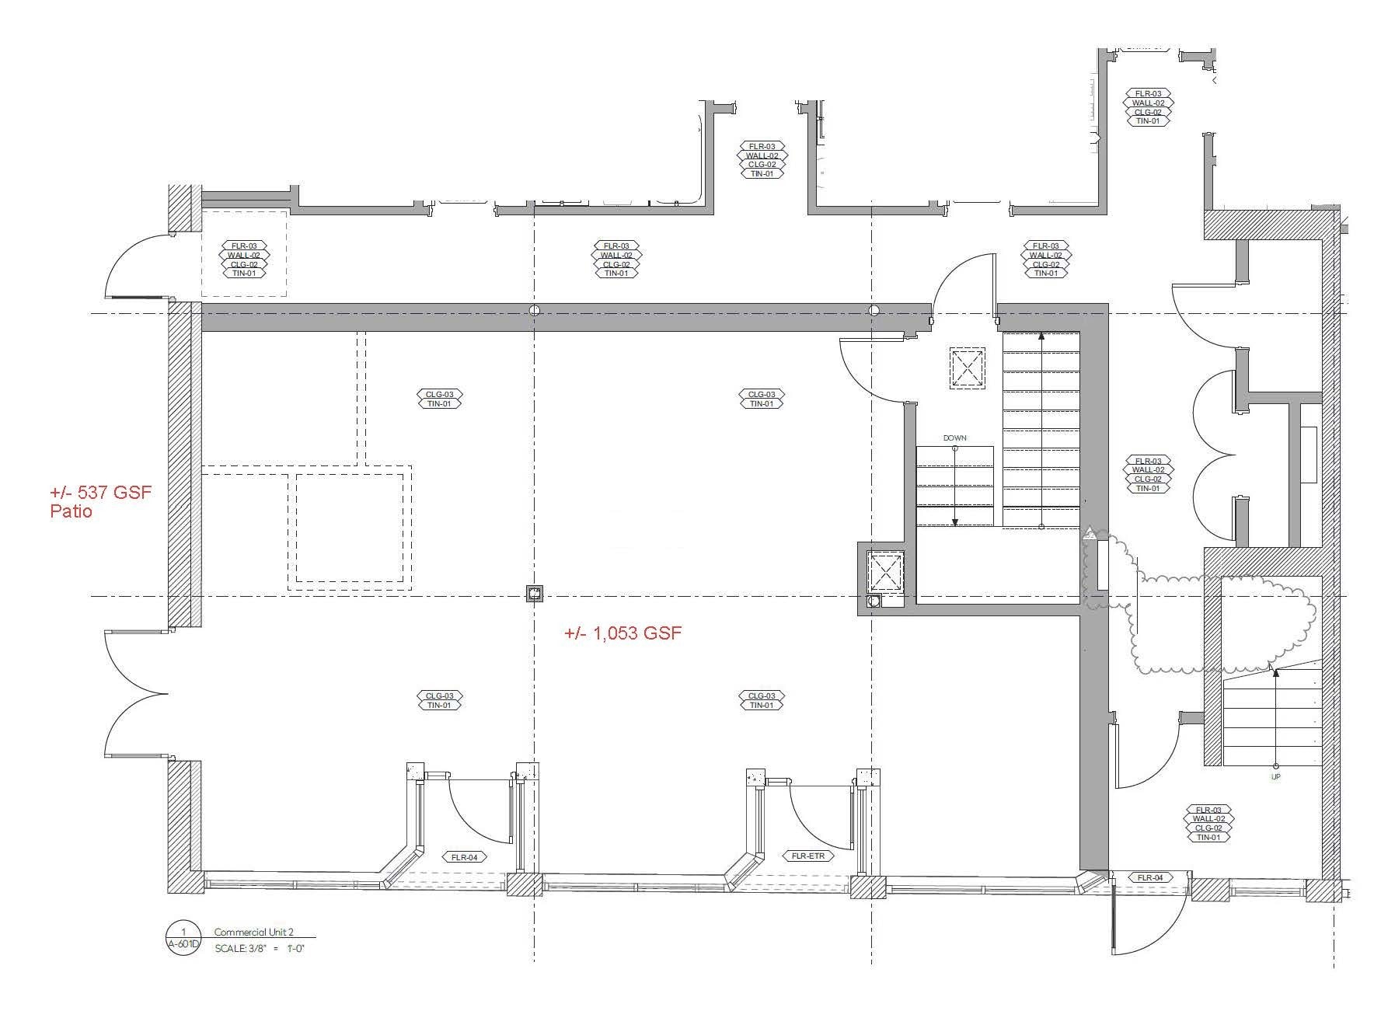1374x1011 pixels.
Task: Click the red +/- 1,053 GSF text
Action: (622, 633)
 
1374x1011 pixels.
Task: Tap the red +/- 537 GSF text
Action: (101, 493)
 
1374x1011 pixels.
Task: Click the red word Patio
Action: (71, 512)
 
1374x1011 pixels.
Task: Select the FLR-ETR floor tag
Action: (808, 856)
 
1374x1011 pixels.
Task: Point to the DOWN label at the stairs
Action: (954, 438)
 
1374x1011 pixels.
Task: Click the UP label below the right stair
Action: (1275, 777)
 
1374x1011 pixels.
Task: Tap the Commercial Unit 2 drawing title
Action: (253, 932)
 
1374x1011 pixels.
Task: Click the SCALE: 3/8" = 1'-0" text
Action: (259, 949)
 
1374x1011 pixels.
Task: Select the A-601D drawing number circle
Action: (183, 939)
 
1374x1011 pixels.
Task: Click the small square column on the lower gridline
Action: (534, 594)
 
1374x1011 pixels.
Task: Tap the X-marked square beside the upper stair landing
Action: (967, 368)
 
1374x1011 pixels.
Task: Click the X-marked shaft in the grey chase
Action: (885, 571)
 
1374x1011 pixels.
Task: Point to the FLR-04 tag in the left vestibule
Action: (464, 857)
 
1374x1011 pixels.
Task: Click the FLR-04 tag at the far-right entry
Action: (1150, 877)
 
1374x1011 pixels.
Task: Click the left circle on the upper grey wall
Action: (534, 310)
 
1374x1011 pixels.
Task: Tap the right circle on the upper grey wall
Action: (874, 310)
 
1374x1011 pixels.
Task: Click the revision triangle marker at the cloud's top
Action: (1091, 533)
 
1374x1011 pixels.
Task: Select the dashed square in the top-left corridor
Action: (243, 253)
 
